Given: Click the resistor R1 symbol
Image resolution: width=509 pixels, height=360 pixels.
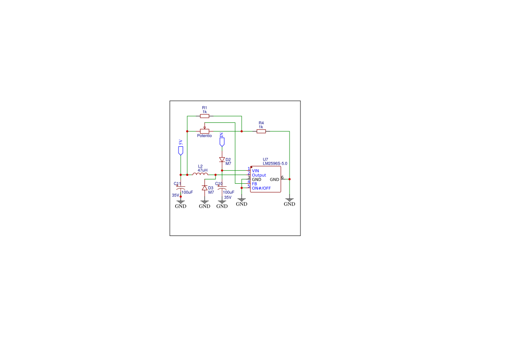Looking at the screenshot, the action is pos(205,116).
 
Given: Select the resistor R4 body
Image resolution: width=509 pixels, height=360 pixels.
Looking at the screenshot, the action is pos(261,131).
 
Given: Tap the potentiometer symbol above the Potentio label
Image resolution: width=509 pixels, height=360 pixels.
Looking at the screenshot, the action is pos(205,131).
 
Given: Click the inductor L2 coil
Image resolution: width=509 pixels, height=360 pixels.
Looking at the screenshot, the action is pos(200,174).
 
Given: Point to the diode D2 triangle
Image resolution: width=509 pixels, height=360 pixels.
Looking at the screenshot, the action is pos(222,160).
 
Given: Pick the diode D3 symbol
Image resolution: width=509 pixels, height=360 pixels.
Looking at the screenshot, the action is pos(205,188).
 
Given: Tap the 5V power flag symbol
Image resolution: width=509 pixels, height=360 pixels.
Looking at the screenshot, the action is pos(181,151).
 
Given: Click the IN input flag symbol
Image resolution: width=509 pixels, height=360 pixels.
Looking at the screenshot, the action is pos(222,142).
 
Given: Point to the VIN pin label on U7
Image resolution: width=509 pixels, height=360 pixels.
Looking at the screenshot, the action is pos(256,171).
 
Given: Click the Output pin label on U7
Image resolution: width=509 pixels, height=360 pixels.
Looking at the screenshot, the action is pos(259,175).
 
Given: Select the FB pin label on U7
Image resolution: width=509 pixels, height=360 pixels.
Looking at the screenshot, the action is pos(255,184).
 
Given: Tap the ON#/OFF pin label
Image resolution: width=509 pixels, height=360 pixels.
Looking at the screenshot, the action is pos(261,188).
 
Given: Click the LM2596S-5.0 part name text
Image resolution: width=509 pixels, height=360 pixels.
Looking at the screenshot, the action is pos(275,164).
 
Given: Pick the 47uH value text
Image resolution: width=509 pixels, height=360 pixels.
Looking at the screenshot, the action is pos(202,170).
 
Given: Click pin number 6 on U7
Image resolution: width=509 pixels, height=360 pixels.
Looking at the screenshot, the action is pos(282,177).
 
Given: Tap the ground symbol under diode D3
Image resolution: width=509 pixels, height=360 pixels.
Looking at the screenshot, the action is pos(205,204).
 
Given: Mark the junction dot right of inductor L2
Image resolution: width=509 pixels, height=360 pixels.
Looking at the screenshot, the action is pos(216,175).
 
